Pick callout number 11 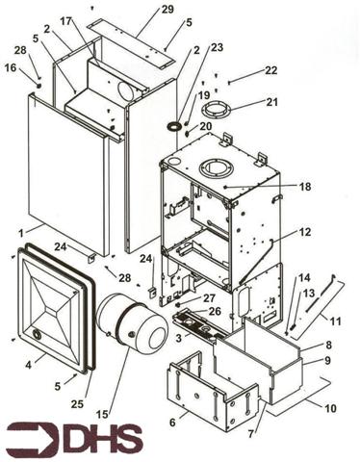337,320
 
